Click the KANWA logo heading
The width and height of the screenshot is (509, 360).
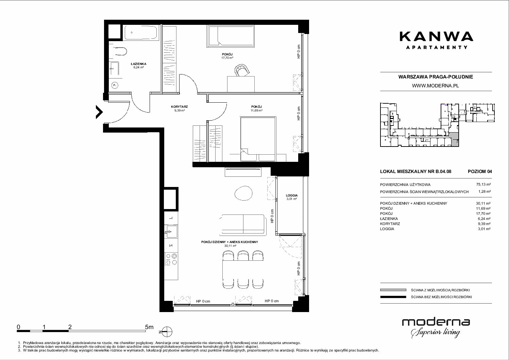coord(436,36)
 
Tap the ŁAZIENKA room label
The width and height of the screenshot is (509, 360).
coord(139,64)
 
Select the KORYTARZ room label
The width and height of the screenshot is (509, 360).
coord(179,106)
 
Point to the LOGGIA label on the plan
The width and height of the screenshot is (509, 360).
coord(292,195)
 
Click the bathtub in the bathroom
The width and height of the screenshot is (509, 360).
coord(141,33)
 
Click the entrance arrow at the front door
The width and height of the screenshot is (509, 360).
coord(99,112)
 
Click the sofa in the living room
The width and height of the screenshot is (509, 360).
coord(243,225)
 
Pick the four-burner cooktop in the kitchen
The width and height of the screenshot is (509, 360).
coord(171,259)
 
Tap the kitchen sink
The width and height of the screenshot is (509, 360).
coord(171,232)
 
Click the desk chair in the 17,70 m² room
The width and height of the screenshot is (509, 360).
coord(241,70)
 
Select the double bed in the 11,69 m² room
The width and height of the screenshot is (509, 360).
coord(258,139)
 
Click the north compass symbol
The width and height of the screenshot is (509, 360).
coord(167,331)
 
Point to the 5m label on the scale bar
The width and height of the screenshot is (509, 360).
coord(149,327)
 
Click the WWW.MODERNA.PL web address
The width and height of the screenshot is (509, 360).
coord(435,86)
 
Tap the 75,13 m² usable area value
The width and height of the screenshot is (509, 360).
coord(483,185)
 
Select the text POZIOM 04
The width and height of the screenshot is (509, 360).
coord(480,171)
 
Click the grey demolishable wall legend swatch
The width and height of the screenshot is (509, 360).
coord(393,290)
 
